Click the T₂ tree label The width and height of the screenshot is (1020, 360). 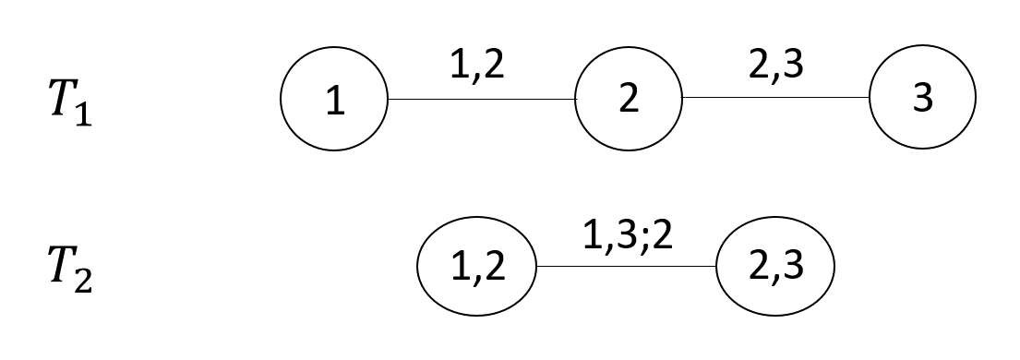pos(69,269)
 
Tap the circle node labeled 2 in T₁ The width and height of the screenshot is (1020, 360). pos(629,100)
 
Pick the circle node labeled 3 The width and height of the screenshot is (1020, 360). pos(922,100)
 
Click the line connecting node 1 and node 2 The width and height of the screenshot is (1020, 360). pos(481,99)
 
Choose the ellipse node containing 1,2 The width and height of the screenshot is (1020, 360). pos(476,268)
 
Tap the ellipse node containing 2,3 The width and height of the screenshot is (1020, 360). pos(774,268)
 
